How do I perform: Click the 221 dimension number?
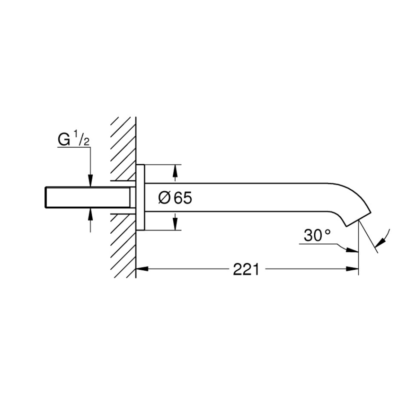246,269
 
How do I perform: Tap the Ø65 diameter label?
175,198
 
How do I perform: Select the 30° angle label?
317,236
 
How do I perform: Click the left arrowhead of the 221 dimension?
142,269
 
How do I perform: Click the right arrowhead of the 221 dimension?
352,269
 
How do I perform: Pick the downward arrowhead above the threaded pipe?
90,181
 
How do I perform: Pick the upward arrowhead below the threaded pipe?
90,214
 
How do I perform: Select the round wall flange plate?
140,197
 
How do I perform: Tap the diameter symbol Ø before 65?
164,198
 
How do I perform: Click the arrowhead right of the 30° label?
352,250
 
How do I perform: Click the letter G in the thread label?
64,140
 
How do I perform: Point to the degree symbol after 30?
328,231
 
